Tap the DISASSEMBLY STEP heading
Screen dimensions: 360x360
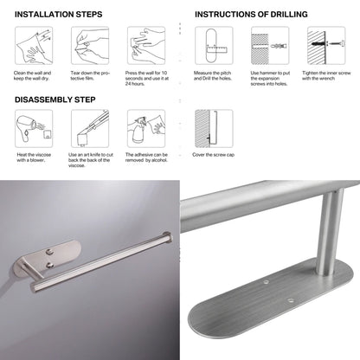55,99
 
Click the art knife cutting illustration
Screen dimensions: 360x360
88,129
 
